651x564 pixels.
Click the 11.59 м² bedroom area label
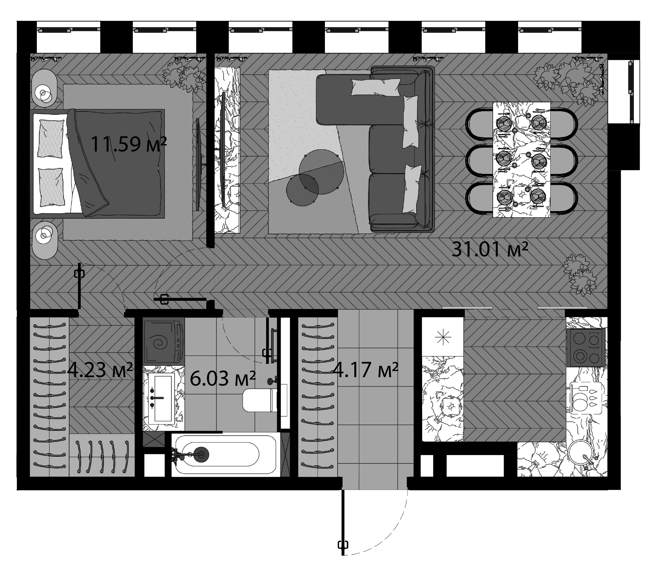[129, 144]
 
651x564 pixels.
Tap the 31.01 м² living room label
[490, 249]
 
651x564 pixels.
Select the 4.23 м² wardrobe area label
[100, 369]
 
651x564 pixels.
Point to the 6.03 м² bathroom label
[223, 378]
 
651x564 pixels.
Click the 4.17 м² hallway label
[365, 369]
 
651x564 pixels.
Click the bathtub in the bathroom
[218, 454]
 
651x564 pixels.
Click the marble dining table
[521, 159]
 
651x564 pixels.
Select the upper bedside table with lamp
[45, 88]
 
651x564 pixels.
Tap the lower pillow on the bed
[51, 187]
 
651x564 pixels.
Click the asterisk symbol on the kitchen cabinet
[443, 337]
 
